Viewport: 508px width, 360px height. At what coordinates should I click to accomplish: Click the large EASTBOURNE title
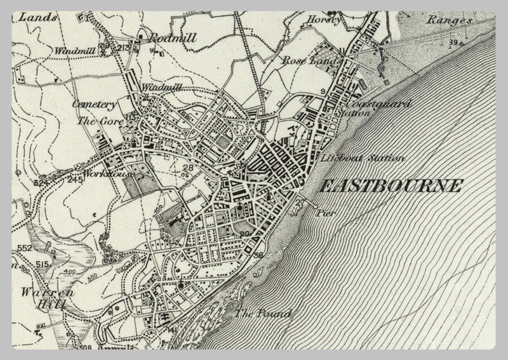tap(390, 186)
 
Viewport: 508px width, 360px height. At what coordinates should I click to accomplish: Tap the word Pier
tap(328, 214)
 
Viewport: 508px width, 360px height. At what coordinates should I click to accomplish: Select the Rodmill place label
tap(171, 39)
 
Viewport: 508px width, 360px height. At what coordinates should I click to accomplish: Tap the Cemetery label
tap(93, 104)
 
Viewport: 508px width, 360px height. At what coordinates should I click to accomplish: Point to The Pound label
tap(262, 314)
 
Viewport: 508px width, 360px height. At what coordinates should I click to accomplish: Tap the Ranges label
tap(450, 20)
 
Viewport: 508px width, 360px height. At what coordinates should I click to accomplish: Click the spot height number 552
tap(25, 248)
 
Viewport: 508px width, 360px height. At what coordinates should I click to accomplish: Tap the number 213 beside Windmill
tap(124, 48)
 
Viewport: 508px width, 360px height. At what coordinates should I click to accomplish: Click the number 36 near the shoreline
tap(257, 255)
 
